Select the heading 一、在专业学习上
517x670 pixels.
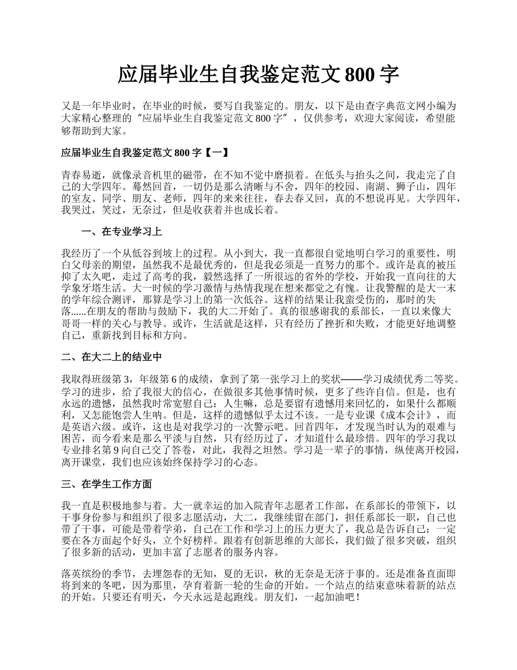tap(121, 232)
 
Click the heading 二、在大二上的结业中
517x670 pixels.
tap(112, 357)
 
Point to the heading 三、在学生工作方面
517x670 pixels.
tap(107, 484)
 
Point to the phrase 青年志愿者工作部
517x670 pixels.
tap(307, 507)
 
